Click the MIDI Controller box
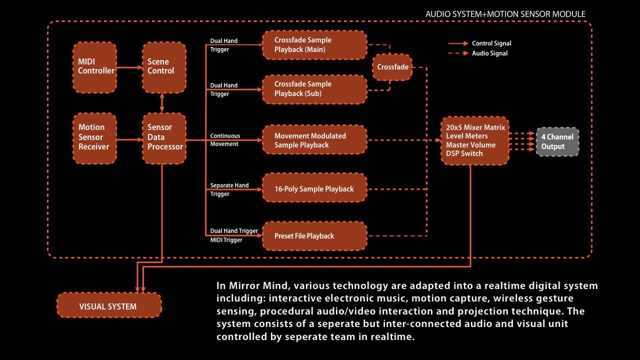pos(94,67)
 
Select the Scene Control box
pos(164,67)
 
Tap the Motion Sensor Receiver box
pos(94,138)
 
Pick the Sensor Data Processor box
pos(164,138)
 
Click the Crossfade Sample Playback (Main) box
pos(314,45)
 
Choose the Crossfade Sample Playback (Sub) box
pos(314,89)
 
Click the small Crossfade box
pos(392,67)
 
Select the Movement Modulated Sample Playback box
pos(314,139)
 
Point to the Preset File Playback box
pos(314,236)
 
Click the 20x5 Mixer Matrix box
pos(475,140)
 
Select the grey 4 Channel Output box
pos(557,141)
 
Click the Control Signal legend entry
pos(479,43)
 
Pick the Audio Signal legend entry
pos(478,53)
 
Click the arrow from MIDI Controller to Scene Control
pos(129,67)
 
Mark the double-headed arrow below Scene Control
pos(162,103)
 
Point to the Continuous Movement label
pos(225,140)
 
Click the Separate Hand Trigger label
pos(229,189)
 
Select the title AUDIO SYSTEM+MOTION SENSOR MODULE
pos(505,14)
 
